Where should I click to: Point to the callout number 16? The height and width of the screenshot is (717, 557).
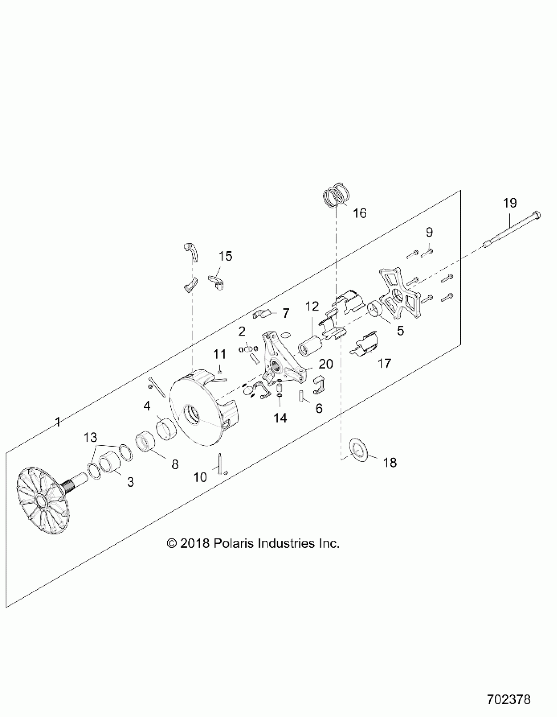tap(360, 213)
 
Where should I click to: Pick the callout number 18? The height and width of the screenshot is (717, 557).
tap(390, 463)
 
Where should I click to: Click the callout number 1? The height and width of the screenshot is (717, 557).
tap(58, 422)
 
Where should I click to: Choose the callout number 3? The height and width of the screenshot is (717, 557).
tap(130, 482)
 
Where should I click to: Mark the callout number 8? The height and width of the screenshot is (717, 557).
tap(175, 464)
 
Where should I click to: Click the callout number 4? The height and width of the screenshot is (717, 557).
tap(146, 406)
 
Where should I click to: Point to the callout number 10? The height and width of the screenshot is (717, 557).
tap(200, 477)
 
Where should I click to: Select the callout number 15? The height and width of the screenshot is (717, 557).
tap(225, 256)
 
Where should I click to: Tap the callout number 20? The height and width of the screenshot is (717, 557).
tap(326, 364)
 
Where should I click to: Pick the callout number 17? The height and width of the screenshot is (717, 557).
tap(384, 363)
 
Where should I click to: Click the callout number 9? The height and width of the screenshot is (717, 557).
tap(429, 232)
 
